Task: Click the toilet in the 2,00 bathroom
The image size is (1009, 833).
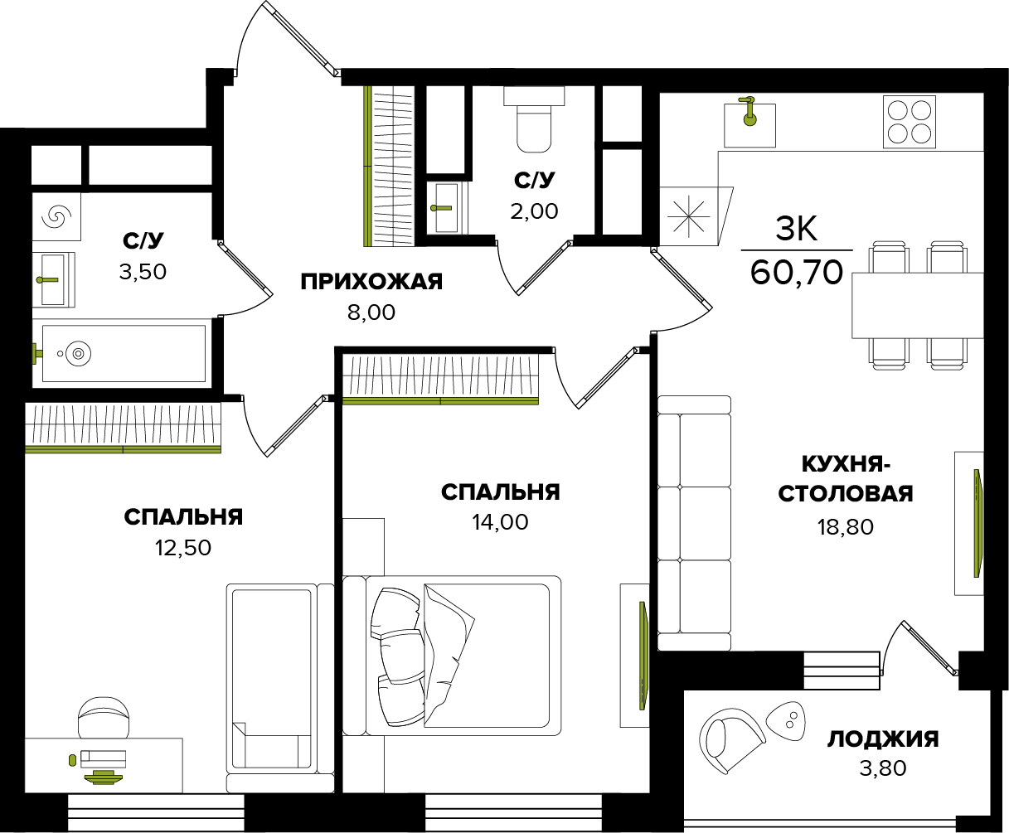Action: point(533,120)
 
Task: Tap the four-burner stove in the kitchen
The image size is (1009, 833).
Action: point(909,122)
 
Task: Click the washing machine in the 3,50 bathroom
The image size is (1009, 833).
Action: point(58,217)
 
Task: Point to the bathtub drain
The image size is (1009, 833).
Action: point(78,354)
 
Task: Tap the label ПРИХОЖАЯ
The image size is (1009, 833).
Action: point(371,282)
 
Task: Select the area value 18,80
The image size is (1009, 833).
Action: point(846,526)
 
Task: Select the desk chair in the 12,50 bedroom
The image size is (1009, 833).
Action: point(104,717)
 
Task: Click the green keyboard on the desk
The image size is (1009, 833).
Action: point(103,776)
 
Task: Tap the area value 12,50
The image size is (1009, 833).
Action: point(182,547)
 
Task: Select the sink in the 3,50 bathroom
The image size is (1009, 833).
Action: point(53,279)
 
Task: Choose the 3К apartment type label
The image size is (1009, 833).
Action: point(796,228)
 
